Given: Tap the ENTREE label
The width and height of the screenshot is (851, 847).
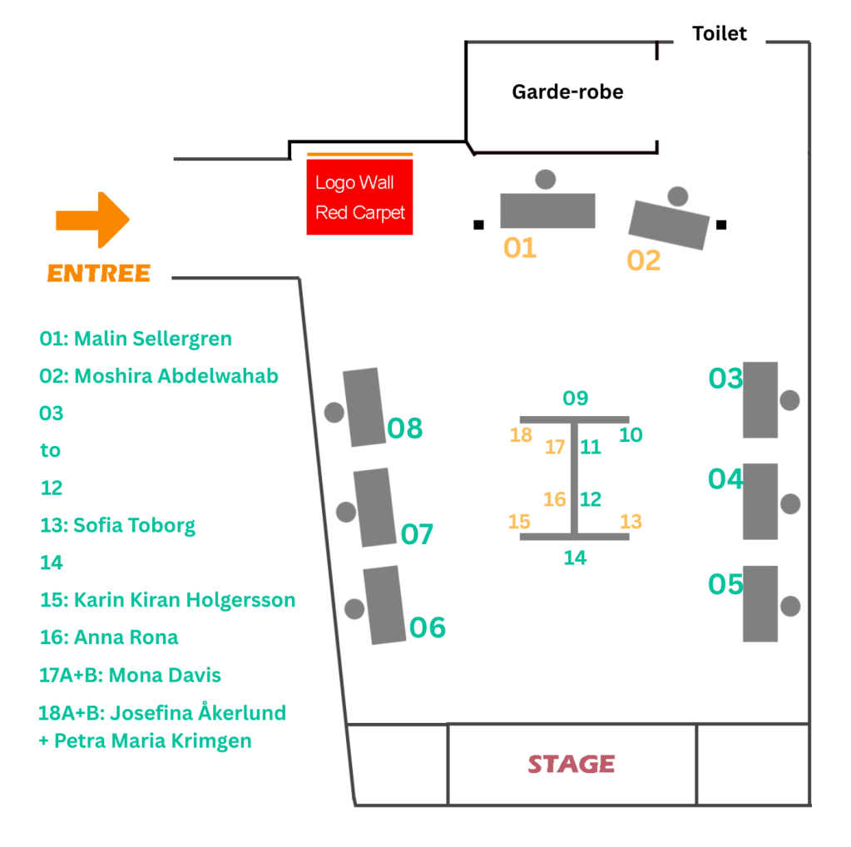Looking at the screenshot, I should point(99,273).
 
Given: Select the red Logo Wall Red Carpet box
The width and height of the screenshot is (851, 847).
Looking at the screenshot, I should point(359,198).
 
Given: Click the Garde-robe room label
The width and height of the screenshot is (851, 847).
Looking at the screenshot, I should point(567,92).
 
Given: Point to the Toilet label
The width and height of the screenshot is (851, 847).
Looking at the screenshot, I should point(720,34).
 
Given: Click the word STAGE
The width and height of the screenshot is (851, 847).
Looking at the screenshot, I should point(571,764).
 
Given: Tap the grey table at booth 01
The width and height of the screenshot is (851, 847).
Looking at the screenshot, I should point(547,211).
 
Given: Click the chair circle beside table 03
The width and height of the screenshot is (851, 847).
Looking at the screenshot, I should point(789,400).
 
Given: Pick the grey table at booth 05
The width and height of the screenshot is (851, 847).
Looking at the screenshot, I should point(759,603).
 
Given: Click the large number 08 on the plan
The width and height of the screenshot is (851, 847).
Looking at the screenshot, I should point(405,428).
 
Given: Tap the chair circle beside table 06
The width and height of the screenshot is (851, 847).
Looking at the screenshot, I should point(355,608).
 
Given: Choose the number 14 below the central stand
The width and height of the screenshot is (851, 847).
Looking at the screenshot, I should point(575,557).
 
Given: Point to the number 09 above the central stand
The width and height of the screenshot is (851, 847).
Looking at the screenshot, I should point(576,399).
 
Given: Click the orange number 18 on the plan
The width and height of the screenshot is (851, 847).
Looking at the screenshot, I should point(521,435).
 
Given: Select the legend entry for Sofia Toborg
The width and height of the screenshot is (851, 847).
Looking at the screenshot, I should point(117,525).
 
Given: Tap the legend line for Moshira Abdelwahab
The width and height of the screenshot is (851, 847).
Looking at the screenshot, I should point(159,376).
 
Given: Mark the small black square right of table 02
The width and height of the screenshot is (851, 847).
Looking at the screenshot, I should point(721,224).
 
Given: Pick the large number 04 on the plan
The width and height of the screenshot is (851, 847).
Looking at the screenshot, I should point(725,479).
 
